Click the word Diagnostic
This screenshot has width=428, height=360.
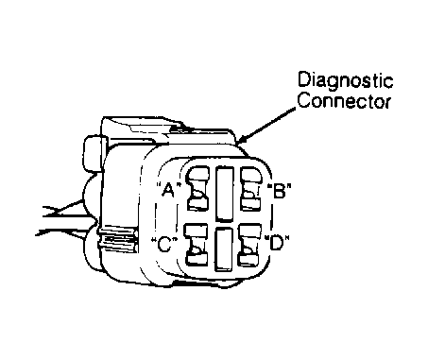(346, 81)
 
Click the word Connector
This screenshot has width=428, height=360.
(344, 101)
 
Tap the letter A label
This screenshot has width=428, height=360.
(169, 189)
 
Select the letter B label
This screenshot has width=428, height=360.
(279, 191)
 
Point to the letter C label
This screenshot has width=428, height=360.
(164, 245)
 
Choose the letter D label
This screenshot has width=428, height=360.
(276, 243)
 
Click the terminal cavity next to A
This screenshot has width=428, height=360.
(197, 188)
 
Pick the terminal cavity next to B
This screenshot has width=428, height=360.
(251, 188)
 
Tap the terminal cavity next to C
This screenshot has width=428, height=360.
(197, 245)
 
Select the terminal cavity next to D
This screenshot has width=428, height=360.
(249, 244)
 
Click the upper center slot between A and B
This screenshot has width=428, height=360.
(225, 194)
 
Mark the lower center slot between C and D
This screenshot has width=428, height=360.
(224, 249)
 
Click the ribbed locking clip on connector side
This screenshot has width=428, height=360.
(118, 239)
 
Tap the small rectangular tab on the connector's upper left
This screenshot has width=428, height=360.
(94, 154)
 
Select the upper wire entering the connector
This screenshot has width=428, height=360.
(63, 209)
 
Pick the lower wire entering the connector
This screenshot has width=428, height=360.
(61, 232)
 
